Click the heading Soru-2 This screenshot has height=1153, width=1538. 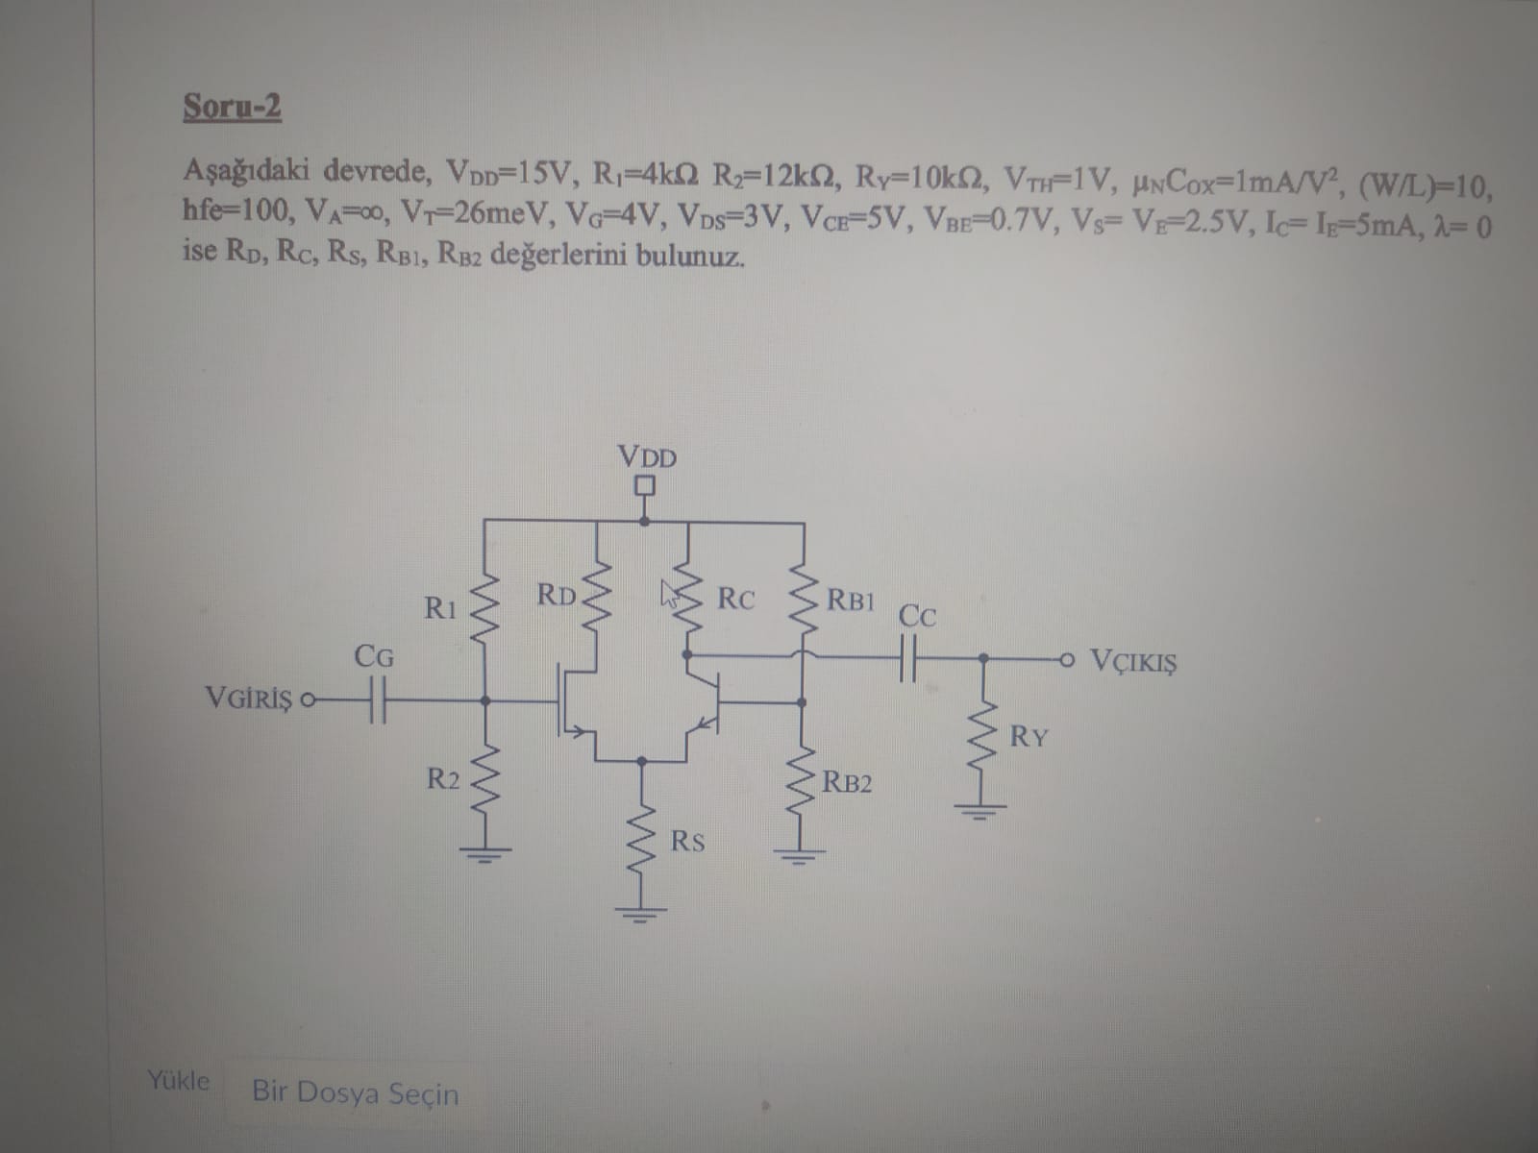coord(232,107)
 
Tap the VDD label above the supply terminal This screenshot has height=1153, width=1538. coord(647,457)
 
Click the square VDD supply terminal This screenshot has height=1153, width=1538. coord(645,487)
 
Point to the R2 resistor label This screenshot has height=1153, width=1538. coord(443,778)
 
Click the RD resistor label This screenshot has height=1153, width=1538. coord(557,595)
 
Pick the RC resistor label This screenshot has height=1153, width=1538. coord(736,600)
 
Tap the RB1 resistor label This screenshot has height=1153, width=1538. coord(851,601)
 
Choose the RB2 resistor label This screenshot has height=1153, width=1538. coord(848,782)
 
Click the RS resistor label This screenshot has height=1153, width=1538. coord(687,843)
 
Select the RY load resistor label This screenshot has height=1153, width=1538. coord(1029,738)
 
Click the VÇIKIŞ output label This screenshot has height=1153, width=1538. coord(1134,662)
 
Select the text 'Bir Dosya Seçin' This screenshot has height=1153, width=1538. coord(355,1092)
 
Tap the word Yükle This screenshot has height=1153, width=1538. coord(178,1080)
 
